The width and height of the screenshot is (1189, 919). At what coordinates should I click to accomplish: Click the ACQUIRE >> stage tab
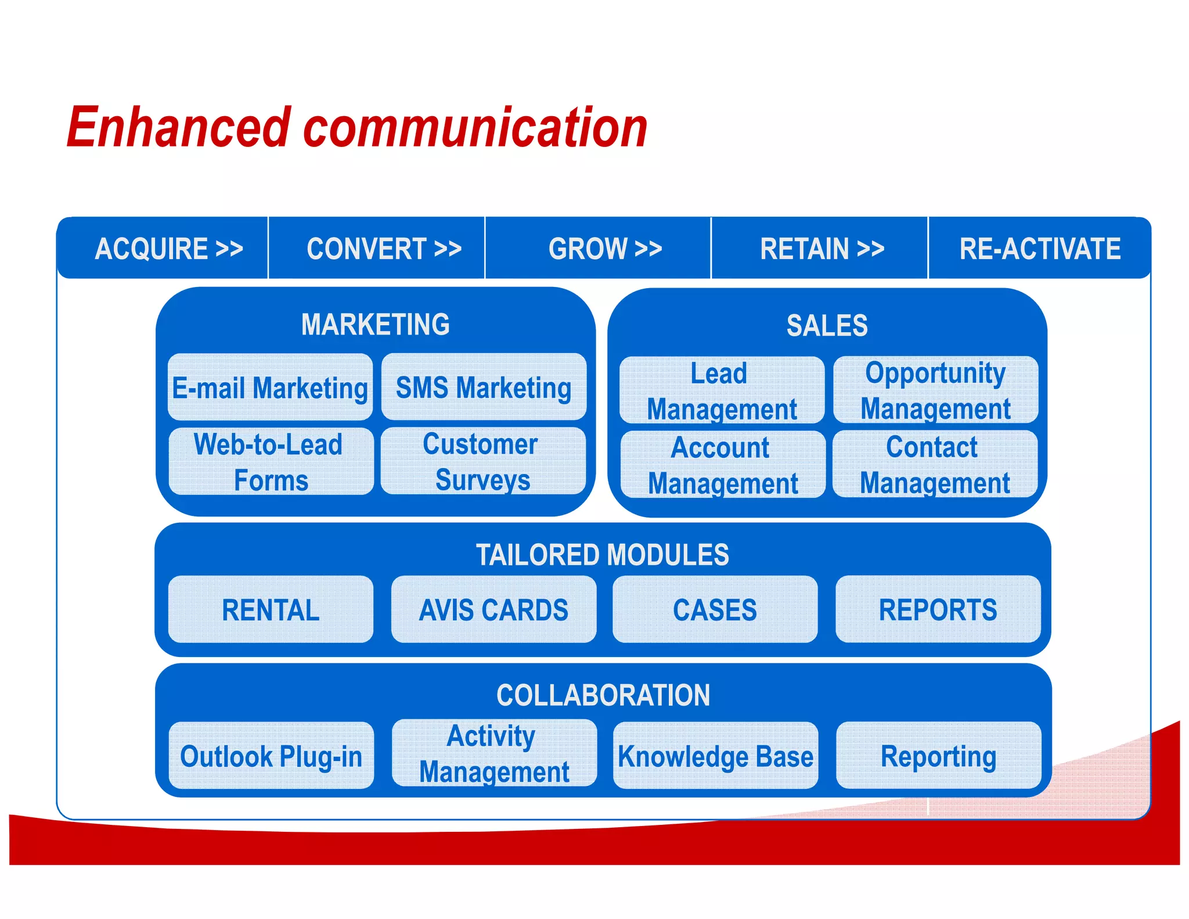168,249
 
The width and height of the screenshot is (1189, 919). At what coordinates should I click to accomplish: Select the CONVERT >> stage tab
383,249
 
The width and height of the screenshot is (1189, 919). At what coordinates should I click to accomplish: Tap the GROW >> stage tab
605,249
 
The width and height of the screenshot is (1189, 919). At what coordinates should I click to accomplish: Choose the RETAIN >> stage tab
822,249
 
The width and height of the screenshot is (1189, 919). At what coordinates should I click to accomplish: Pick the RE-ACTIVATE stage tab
1039,249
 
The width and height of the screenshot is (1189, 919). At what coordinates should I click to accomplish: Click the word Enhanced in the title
178,128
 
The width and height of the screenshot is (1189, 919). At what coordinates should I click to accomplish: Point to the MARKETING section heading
375,324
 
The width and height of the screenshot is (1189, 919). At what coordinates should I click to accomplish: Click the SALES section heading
827,325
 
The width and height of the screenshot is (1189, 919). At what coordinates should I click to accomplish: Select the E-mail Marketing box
270,387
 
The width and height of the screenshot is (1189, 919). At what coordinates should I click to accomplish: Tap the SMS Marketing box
484,387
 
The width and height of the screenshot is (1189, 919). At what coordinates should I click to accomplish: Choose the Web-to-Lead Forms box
271,462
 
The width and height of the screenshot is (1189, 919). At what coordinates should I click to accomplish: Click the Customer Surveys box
482,461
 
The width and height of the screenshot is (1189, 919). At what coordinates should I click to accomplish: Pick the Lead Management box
722,390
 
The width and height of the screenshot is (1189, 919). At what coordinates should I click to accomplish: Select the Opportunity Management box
935,390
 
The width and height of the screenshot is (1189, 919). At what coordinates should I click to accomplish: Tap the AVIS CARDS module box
493,609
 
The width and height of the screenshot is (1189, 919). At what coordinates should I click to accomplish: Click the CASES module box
715,609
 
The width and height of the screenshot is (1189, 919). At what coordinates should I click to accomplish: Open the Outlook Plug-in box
271,756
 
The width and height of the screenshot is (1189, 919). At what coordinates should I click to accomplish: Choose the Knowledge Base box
715,756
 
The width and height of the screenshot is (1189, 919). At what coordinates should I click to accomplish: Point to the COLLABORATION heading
603,695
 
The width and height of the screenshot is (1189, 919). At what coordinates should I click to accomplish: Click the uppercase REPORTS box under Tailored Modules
938,609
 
